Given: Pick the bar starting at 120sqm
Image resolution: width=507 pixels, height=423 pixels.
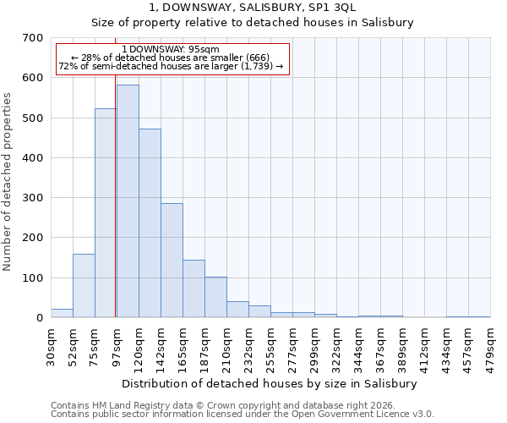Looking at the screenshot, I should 150,223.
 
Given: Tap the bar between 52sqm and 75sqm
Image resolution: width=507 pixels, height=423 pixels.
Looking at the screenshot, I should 84,286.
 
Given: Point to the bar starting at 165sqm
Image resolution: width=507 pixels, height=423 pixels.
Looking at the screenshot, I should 194,288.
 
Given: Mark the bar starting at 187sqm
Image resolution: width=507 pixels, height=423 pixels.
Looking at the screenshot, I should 215,297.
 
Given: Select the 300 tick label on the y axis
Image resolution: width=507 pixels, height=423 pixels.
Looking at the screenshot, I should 33,198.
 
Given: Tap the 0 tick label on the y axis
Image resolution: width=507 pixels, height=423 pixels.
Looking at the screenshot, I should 40,318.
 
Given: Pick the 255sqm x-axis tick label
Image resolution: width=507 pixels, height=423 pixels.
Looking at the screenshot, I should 271,346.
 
